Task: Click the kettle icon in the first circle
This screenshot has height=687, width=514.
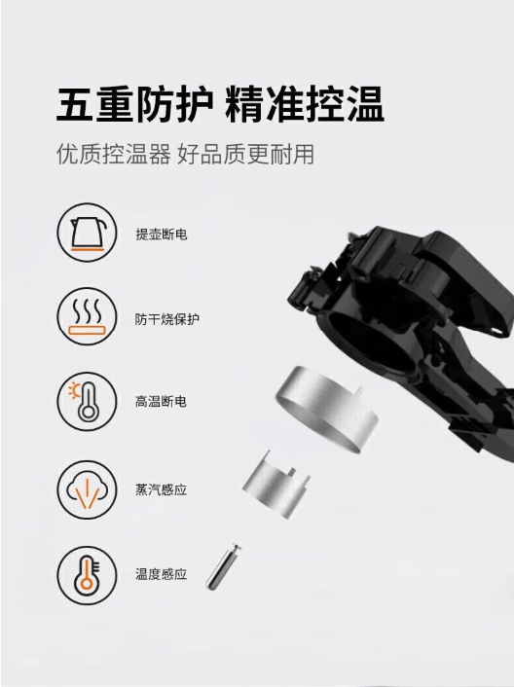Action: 88,233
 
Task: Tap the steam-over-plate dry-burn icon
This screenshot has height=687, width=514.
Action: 88,316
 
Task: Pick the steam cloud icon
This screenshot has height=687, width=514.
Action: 88,489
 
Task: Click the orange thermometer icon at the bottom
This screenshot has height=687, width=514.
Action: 88,574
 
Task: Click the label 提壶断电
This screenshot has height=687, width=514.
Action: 162,235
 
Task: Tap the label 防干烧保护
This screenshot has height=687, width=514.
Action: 166,319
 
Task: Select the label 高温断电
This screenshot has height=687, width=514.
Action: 161,401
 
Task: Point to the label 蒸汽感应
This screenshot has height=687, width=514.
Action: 162,489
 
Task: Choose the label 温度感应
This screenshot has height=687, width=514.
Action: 162,574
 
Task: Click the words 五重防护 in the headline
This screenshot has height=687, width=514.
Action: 134,105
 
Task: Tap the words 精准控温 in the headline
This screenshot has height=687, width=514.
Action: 305,105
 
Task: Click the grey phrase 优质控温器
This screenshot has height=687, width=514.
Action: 114,154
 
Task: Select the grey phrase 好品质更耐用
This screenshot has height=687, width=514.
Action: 245,154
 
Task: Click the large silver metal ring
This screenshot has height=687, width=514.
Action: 326,410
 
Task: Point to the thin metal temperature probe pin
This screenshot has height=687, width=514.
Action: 223,567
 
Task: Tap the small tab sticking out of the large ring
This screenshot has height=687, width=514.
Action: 359,390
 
